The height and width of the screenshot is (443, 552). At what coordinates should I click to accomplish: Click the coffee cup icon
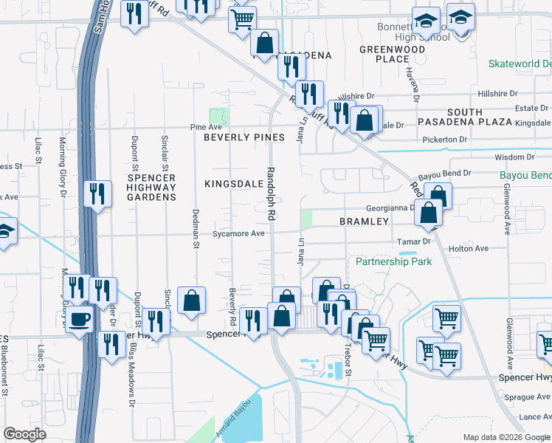pos(80,320)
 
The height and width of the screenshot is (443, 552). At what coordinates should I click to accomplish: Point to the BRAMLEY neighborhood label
pos(364,221)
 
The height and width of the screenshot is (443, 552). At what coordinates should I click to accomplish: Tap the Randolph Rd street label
pos(271,193)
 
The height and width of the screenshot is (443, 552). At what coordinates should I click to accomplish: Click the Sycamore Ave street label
pos(238,233)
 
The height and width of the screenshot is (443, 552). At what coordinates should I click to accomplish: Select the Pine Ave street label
pos(207,128)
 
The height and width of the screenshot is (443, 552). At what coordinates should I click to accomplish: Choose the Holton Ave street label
pos(469,249)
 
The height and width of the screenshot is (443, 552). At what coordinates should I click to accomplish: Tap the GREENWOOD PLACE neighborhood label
pos(392,54)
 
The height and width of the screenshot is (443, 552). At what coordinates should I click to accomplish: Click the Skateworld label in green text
pos(520,64)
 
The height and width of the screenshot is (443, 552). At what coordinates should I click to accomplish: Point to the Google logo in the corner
pos(24,433)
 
